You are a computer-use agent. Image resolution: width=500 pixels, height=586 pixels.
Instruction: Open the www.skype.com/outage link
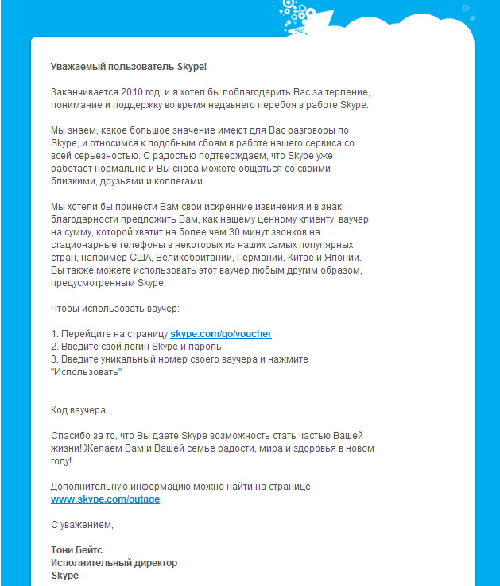[x=106, y=499]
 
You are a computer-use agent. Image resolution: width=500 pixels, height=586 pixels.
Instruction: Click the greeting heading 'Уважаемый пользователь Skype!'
[x=129, y=65]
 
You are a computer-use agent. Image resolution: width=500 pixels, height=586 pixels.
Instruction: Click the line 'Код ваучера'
[x=78, y=410]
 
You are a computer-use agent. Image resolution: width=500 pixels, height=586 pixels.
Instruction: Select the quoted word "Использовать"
[x=86, y=372]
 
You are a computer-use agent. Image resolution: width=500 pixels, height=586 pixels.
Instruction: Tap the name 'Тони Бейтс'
[x=77, y=549]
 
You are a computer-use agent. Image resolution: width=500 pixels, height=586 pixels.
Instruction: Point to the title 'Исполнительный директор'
[x=114, y=562]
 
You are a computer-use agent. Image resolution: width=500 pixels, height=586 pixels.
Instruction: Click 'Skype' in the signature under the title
[x=65, y=575]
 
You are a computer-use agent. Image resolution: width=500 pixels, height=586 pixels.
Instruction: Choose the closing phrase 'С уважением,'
[x=83, y=524]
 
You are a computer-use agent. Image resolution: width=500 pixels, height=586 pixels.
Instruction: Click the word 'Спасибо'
[x=71, y=436]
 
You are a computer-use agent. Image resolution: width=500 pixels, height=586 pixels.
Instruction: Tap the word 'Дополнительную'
[x=88, y=486]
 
